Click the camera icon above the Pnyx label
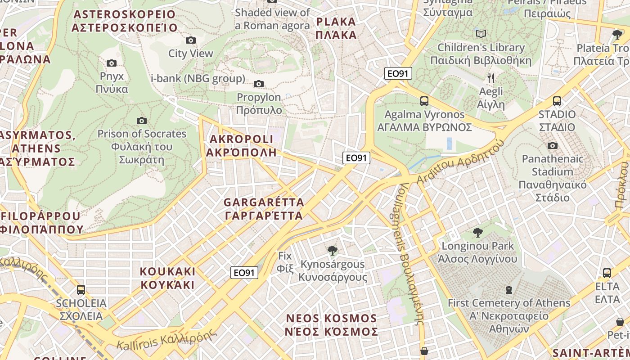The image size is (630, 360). tap(112, 63)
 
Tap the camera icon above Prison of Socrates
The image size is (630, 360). tap(142, 121)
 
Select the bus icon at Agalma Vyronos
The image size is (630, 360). tap(424, 101)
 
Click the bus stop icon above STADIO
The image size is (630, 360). tap(557, 101)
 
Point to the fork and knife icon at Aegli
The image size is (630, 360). tap(491, 78)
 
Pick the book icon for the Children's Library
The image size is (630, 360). tap(481, 34)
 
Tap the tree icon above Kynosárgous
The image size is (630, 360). tap(333, 251)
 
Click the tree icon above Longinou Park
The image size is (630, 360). tap(477, 233)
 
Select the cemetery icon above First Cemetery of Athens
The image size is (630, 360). tap(509, 289)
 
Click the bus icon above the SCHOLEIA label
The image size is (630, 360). tap(81, 290)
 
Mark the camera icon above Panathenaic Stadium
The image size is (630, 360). tap(552, 145)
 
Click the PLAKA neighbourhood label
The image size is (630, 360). tap(336, 28)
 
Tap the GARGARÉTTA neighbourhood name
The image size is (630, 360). tap(264, 209)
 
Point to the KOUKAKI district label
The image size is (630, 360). tap(167, 278)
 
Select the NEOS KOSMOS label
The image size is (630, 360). tap(332, 325)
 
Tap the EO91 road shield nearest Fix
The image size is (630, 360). tap(244, 273)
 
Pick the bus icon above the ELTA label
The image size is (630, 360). tap(607, 273)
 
